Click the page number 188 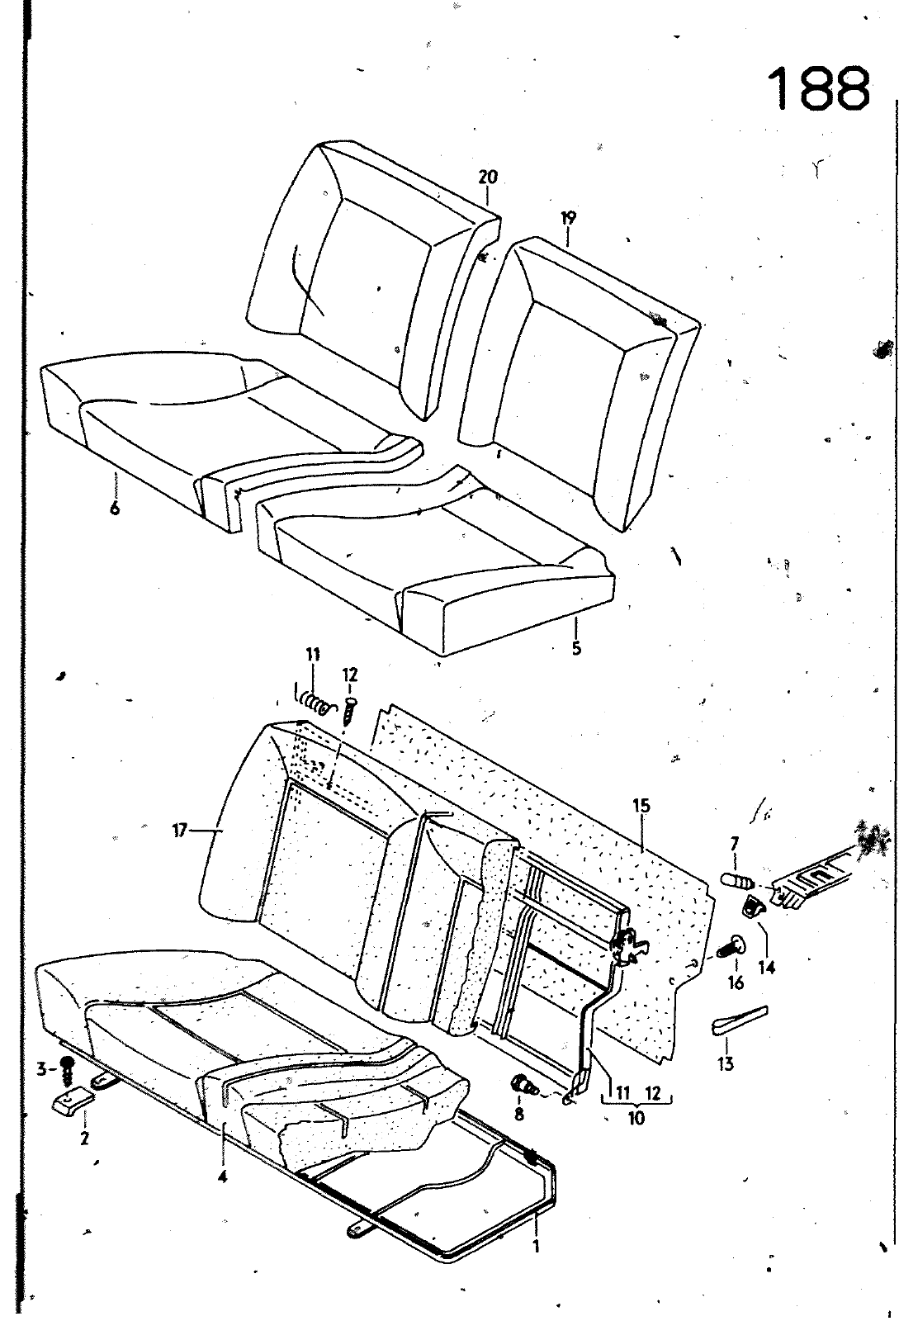click(819, 88)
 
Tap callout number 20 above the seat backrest click(488, 177)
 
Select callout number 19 click(568, 219)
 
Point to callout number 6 click(114, 509)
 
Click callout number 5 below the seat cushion click(576, 648)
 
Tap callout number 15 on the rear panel click(642, 804)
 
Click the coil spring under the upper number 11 click(314, 703)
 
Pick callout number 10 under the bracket click(636, 1119)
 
